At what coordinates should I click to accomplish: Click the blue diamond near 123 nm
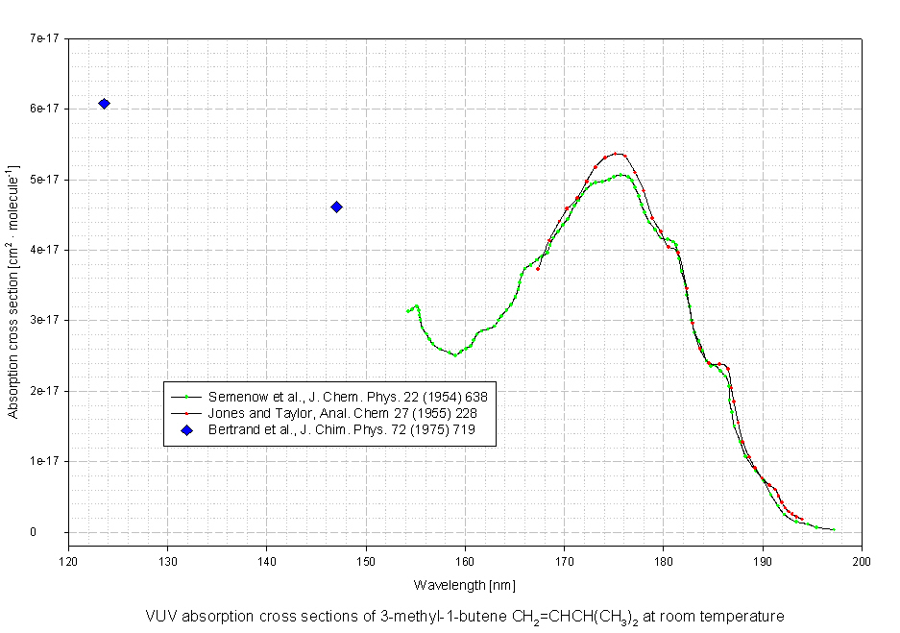coord(104,104)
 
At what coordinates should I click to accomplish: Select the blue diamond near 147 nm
coord(336,207)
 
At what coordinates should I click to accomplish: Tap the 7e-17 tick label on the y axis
coord(45,38)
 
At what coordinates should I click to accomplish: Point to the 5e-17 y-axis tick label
coord(45,180)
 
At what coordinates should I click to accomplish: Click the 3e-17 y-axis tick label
coord(45,320)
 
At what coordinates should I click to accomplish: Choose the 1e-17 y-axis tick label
coord(45,461)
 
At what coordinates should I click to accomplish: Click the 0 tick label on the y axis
coord(58,532)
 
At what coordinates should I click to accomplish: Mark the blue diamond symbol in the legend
coord(188,430)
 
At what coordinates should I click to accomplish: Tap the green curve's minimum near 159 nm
coord(455,354)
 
